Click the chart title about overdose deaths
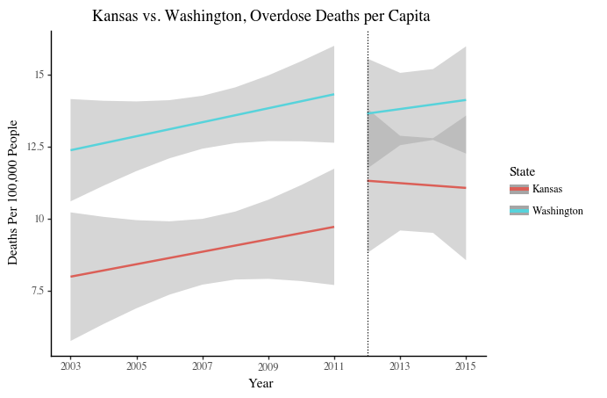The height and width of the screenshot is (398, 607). coord(261,16)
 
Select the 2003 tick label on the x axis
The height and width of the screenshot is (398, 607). coord(70,365)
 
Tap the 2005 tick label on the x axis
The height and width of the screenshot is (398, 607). coord(136,365)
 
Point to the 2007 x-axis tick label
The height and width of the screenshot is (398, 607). coord(202,365)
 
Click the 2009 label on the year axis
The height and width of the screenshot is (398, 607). coord(268,365)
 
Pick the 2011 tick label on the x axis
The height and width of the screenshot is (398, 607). coord(333,365)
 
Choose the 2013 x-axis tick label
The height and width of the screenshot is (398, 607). coord(400,365)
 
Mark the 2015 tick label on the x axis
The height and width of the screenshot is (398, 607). coord(466,365)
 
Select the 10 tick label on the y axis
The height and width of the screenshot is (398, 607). coord(39,218)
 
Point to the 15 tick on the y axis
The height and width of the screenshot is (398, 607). coord(39,75)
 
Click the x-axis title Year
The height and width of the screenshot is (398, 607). coord(261,383)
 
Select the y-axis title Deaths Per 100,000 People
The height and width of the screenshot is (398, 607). coord(13,193)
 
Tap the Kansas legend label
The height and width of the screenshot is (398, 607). coord(547,189)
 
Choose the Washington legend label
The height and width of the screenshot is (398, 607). coord(558,211)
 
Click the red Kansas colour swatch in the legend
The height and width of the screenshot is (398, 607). coord(518,189)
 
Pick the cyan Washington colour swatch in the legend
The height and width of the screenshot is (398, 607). coord(518,211)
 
